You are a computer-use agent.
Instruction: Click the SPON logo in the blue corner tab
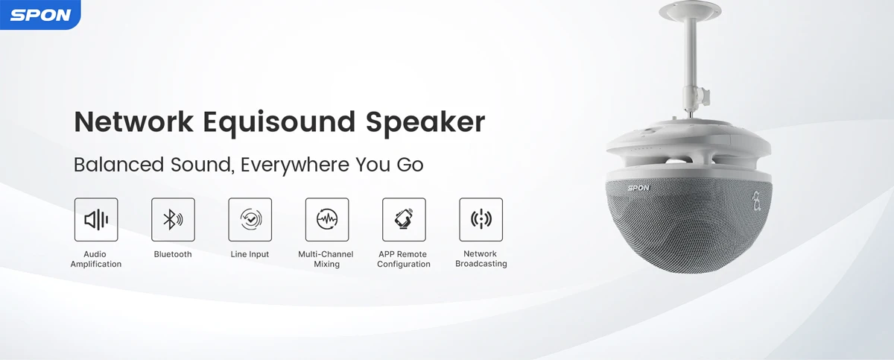[40, 15]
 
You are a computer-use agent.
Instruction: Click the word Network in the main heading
[133, 121]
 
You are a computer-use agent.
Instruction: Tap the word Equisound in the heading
[279, 123]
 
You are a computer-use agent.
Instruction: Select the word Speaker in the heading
[425, 123]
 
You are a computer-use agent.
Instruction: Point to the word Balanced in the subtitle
[119, 165]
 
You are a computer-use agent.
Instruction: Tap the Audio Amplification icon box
[96, 220]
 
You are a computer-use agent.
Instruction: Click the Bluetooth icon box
[173, 220]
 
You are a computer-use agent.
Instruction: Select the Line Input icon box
[250, 220]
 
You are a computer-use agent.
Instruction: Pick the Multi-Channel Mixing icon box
[327, 220]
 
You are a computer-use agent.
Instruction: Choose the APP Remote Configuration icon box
[404, 220]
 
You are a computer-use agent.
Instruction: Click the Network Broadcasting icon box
[481, 220]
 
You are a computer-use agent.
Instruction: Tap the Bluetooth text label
[173, 254]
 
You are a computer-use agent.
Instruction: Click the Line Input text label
[250, 254]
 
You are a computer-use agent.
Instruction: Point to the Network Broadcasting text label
[481, 259]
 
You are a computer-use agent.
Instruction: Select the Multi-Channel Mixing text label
[326, 259]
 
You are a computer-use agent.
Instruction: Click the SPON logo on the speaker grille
[638, 188]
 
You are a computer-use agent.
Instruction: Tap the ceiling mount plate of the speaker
[690, 10]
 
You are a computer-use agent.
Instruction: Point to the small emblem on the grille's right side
[756, 201]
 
